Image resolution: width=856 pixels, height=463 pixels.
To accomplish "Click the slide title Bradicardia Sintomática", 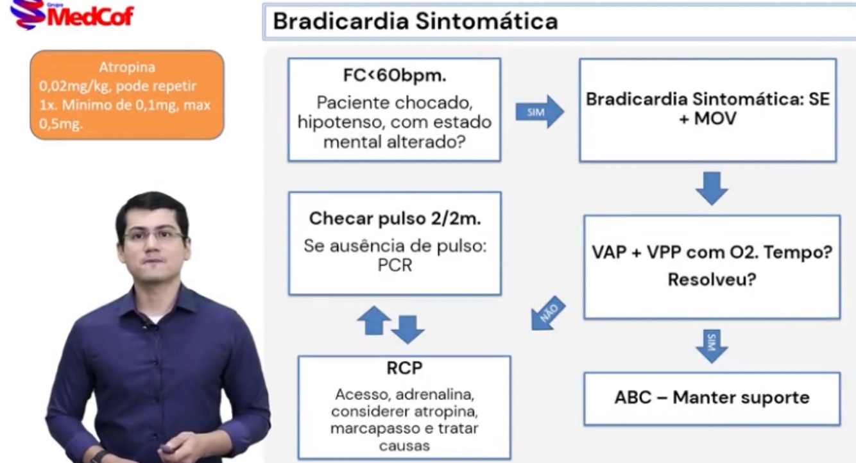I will pos(415,21).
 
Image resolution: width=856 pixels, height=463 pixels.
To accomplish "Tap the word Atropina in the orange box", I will pos(127,67).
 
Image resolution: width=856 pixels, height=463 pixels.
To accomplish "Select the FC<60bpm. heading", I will pos(394,76).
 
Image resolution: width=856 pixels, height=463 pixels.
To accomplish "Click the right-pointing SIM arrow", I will pos(540,112).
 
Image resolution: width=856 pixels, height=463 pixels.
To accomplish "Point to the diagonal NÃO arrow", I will pos(549,314).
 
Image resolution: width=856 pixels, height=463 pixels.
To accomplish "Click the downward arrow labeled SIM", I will pos(711,346).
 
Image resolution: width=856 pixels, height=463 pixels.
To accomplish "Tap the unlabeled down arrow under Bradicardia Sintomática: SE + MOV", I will pos(711,188).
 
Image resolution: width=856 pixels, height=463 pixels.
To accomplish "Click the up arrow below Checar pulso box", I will pos(373,320).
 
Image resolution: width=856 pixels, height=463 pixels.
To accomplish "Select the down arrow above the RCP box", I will pos(407,329).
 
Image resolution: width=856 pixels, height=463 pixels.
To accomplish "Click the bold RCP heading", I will pos(404,369).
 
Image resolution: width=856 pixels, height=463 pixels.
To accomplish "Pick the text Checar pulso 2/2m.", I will pos(395,219).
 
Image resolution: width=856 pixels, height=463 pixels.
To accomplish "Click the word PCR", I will pos(395,264).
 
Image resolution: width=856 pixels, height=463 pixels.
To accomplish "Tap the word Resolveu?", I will pos(711,280).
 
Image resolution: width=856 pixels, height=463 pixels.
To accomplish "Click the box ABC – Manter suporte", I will pos(712,398).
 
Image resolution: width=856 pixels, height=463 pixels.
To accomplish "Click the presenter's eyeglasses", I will pos(153,234).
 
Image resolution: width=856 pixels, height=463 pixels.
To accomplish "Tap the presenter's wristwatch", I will pos(98,457).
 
